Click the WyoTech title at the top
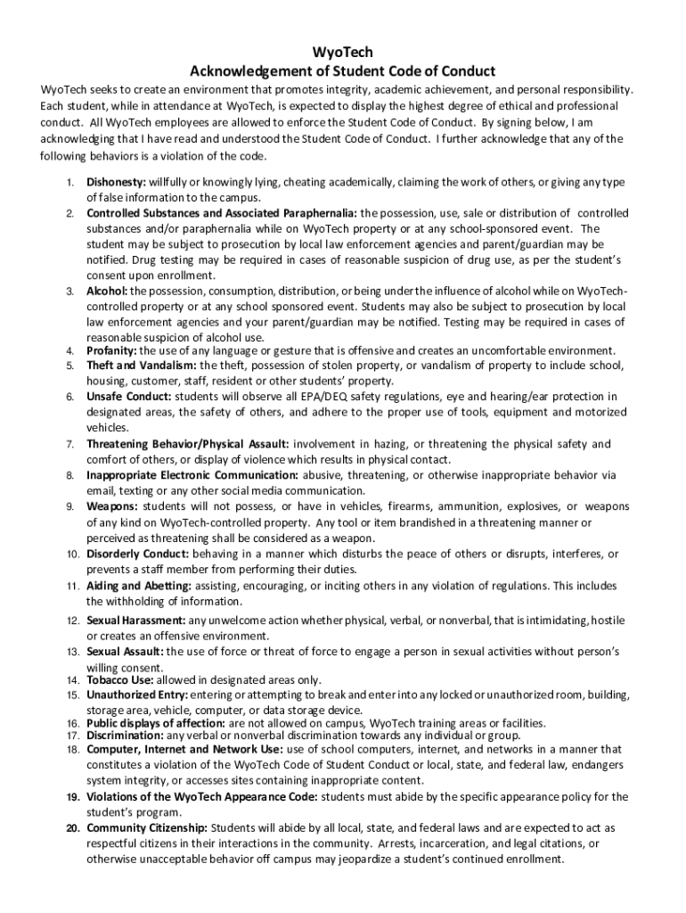tap(342, 53)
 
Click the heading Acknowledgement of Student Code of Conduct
tap(343, 70)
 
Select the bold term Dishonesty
tap(118, 183)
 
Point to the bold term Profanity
tap(111, 350)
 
